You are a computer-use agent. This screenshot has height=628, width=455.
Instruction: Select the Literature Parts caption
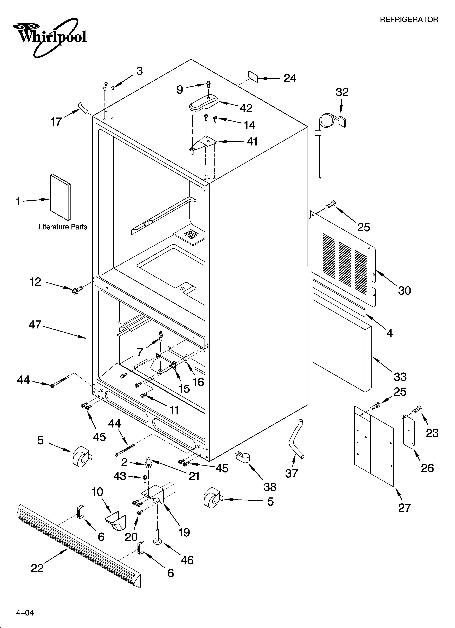[x=63, y=227]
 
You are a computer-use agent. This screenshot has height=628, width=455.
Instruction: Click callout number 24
[x=290, y=78]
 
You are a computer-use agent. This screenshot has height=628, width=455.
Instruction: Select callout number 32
[x=342, y=92]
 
